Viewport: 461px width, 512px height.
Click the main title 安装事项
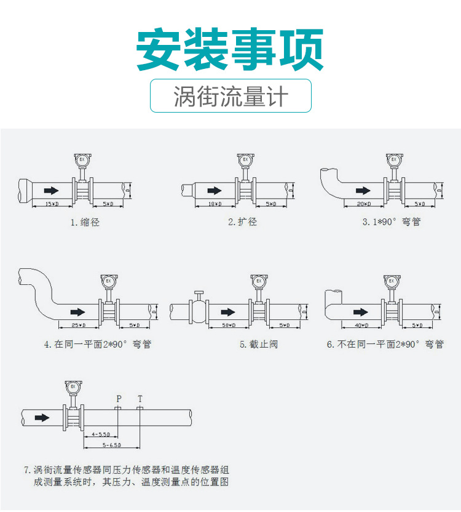coord(230,49)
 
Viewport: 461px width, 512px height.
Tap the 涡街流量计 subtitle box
coord(230,96)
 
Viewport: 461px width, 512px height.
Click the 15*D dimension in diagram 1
coord(52,203)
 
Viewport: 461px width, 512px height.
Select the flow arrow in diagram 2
coord(215,190)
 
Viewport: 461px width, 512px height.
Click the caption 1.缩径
coord(85,222)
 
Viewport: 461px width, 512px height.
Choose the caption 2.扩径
coord(242,222)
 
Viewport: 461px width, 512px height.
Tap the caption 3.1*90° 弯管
coord(391,222)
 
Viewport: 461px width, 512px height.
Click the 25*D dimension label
coord(78,325)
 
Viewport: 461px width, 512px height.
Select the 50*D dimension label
coord(229,325)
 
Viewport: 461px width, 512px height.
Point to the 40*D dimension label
coord(361,325)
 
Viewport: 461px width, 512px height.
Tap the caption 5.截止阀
coord(258,345)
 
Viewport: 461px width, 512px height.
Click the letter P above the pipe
coord(119,399)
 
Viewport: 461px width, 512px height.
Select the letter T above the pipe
coord(140,399)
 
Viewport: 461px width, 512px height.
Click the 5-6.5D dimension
coord(111,444)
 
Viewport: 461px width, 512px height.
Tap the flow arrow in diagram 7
coord(42,417)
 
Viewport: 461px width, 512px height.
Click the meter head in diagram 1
coord(81,161)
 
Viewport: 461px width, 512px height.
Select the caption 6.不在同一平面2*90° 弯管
coord(385,345)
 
